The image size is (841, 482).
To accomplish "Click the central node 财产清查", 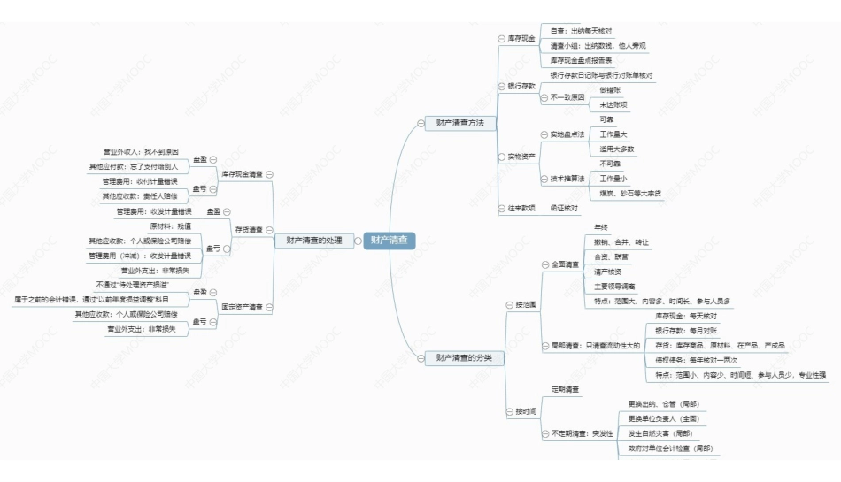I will [390, 240].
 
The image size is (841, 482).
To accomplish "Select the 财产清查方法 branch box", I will [453, 122].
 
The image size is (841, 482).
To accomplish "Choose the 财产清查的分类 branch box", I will [458, 358].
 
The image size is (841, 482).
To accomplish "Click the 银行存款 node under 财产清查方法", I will [521, 86].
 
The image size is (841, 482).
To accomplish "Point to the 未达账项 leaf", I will [613, 104].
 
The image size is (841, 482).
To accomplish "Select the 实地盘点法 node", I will [567, 134].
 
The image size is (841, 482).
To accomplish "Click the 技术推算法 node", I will [567, 179].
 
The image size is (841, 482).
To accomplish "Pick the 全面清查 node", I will [565, 264].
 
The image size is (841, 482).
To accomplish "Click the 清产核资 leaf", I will [608, 272].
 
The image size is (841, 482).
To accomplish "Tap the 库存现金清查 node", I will [242, 174].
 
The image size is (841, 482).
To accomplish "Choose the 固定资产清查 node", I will [242, 307].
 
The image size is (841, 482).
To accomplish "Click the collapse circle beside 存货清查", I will [268, 230].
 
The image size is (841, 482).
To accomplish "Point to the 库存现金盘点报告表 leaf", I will [588, 60].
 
